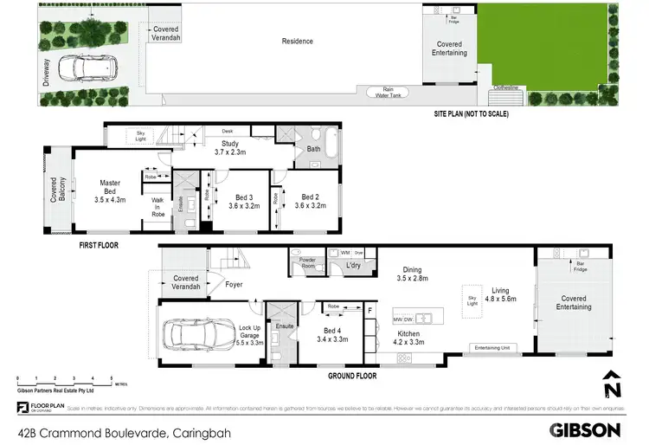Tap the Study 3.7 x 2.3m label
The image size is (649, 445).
pyautogui.click(x=231, y=149)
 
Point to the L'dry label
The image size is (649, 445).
pyautogui.click(x=353, y=264)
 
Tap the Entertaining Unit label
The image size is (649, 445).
pyautogui.click(x=492, y=348)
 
